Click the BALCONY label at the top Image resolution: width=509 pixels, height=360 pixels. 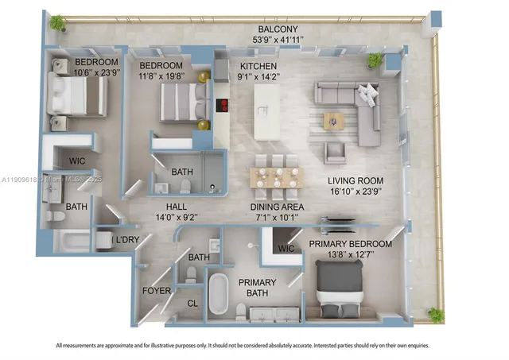[x=277, y=29]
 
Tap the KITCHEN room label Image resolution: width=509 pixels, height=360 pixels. [x=258, y=67]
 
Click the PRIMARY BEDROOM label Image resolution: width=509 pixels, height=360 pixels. [x=350, y=244]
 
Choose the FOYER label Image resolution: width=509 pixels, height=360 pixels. [x=156, y=291]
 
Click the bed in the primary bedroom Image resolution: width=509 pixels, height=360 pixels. [x=340, y=286]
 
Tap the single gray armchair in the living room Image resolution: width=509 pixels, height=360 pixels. [x=336, y=152]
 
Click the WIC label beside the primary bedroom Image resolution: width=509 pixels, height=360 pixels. [x=286, y=250]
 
